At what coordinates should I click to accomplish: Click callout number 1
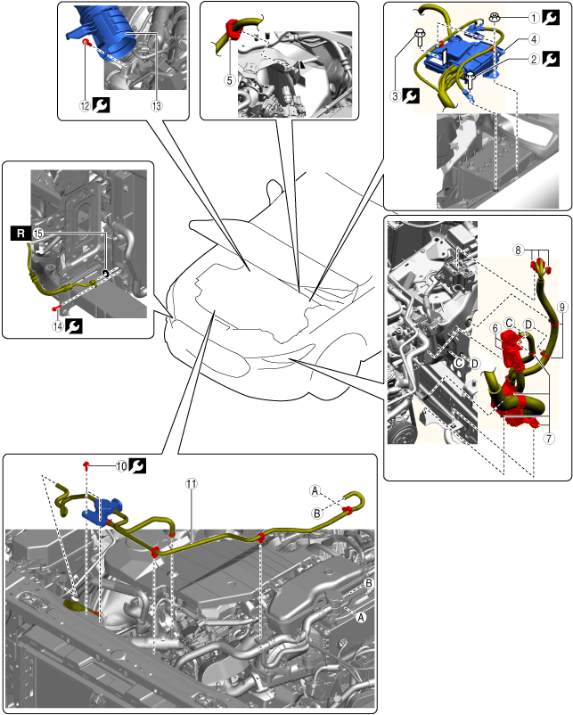click(534, 18)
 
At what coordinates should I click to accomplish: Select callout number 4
click(534, 39)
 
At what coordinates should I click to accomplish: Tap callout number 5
click(229, 80)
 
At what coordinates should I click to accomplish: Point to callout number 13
click(156, 106)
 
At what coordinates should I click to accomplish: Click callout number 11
click(192, 483)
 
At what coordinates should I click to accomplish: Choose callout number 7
click(549, 439)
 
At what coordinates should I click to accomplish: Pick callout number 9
click(562, 307)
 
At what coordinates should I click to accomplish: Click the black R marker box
click(20, 234)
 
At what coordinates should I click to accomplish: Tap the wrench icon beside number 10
click(137, 465)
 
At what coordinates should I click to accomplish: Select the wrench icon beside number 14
click(74, 326)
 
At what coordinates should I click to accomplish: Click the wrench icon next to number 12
click(101, 105)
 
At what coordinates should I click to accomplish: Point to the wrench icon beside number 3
click(411, 95)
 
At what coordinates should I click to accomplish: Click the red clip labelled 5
click(233, 29)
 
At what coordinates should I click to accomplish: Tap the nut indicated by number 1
click(495, 17)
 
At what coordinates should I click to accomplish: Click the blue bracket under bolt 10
click(102, 512)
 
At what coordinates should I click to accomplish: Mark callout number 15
click(37, 234)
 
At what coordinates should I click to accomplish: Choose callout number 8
click(518, 250)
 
